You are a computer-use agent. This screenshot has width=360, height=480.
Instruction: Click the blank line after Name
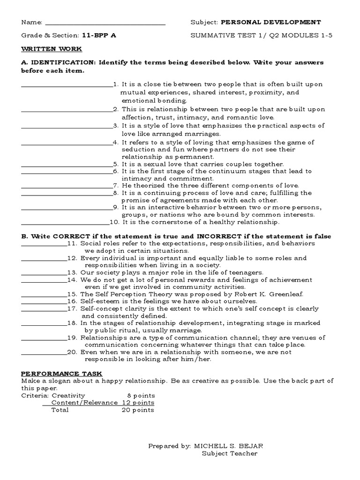105,23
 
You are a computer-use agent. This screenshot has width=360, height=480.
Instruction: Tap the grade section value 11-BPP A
99,35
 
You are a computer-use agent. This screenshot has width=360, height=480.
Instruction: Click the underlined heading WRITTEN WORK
51,49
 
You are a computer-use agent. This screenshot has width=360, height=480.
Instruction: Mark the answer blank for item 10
65,223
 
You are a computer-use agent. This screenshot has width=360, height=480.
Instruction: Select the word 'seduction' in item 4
136,150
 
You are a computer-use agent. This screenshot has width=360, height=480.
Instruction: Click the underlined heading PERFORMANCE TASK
61,373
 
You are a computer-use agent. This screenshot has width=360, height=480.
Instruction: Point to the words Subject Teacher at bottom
230,453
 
